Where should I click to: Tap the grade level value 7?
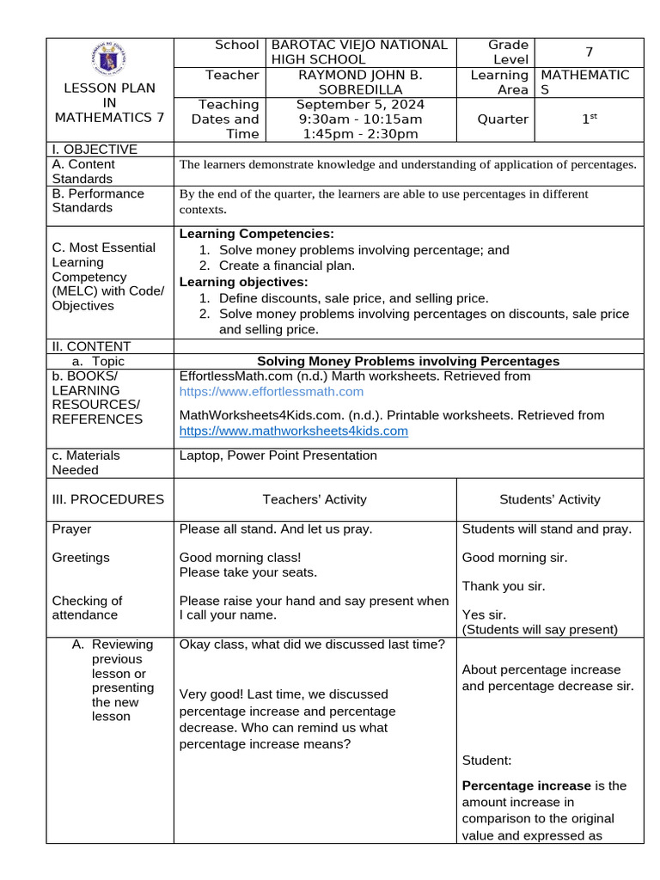pyautogui.click(x=589, y=52)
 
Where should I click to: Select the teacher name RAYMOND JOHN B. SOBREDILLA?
pyautogui.click(x=360, y=82)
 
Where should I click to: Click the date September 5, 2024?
pyautogui.click(x=360, y=104)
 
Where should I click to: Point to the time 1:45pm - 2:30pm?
pyautogui.click(x=360, y=133)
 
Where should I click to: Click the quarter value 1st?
pyautogui.click(x=589, y=119)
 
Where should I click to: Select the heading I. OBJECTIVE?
pyautogui.click(x=95, y=150)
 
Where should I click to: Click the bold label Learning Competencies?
pyautogui.click(x=256, y=234)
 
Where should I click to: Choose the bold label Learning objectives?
pyautogui.click(x=243, y=282)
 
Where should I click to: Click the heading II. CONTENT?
pyautogui.click(x=91, y=346)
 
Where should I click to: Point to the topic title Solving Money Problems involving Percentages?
pyautogui.click(x=408, y=361)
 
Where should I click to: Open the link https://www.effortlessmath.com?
pyautogui.click(x=271, y=392)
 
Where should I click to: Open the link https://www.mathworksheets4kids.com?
pyautogui.click(x=293, y=431)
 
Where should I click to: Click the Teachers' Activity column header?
pyautogui.click(x=315, y=499)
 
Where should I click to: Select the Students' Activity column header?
pyautogui.click(x=549, y=499)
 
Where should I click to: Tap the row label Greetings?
pyautogui.click(x=81, y=558)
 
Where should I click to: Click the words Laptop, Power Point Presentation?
pyautogui.click(x=278, y=455)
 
